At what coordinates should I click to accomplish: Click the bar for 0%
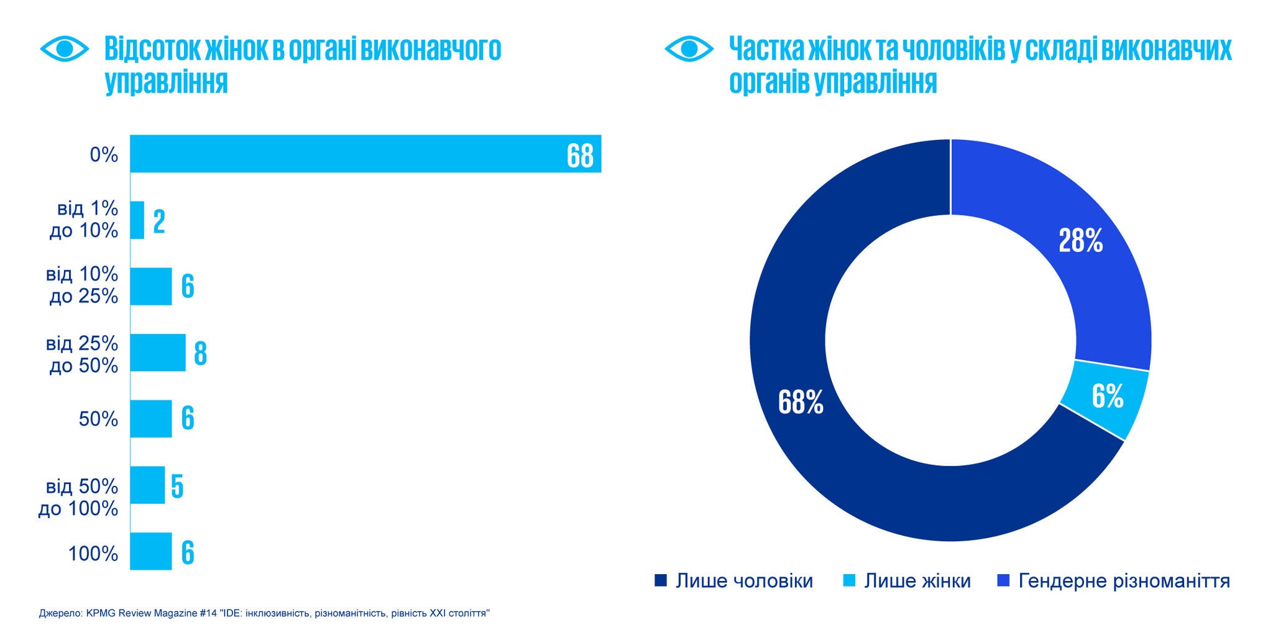click(348, 154)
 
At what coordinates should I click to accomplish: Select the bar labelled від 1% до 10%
click(137, 220)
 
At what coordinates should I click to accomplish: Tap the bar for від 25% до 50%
click(158, 353)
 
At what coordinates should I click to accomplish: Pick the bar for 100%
click(151, 551)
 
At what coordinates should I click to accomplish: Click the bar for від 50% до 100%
click(148, 485)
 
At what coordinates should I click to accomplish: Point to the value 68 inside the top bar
click(580, 156)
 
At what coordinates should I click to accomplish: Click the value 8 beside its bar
click(200, 353)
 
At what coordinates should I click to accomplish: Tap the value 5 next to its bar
click(177, 486)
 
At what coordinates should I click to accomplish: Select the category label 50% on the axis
click(98, 419)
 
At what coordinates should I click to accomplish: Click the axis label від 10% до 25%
click(82, 285)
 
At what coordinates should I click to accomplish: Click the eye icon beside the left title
click(65, 49)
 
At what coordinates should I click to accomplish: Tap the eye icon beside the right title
click(689, 49)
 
